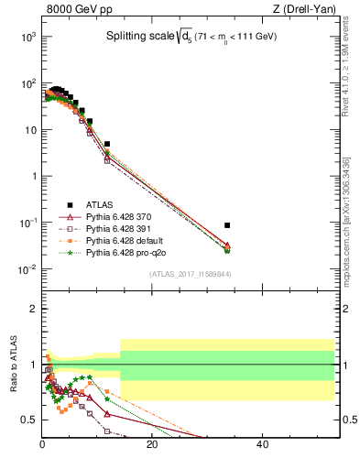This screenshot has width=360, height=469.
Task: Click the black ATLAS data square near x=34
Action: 227,224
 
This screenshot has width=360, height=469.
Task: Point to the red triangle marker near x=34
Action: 227,245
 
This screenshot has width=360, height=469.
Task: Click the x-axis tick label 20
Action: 152,445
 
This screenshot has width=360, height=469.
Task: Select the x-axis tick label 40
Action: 262,445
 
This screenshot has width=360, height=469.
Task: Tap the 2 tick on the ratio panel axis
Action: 35,309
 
